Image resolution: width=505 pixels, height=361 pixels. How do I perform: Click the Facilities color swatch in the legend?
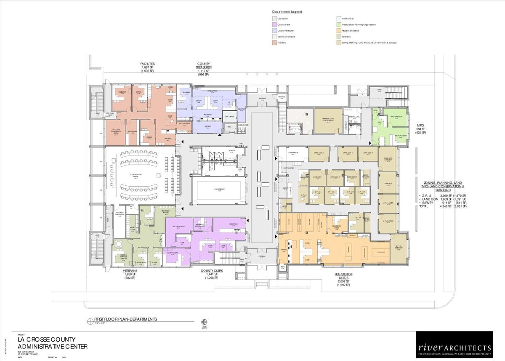point(274,43)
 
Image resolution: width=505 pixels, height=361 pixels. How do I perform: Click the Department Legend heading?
point(287,12)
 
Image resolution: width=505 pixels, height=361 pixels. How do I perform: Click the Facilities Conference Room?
point(116,132)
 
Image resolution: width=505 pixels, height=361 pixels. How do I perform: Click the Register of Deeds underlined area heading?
point(343,276)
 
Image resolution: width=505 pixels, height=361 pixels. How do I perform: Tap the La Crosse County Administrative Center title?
point(53,343)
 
